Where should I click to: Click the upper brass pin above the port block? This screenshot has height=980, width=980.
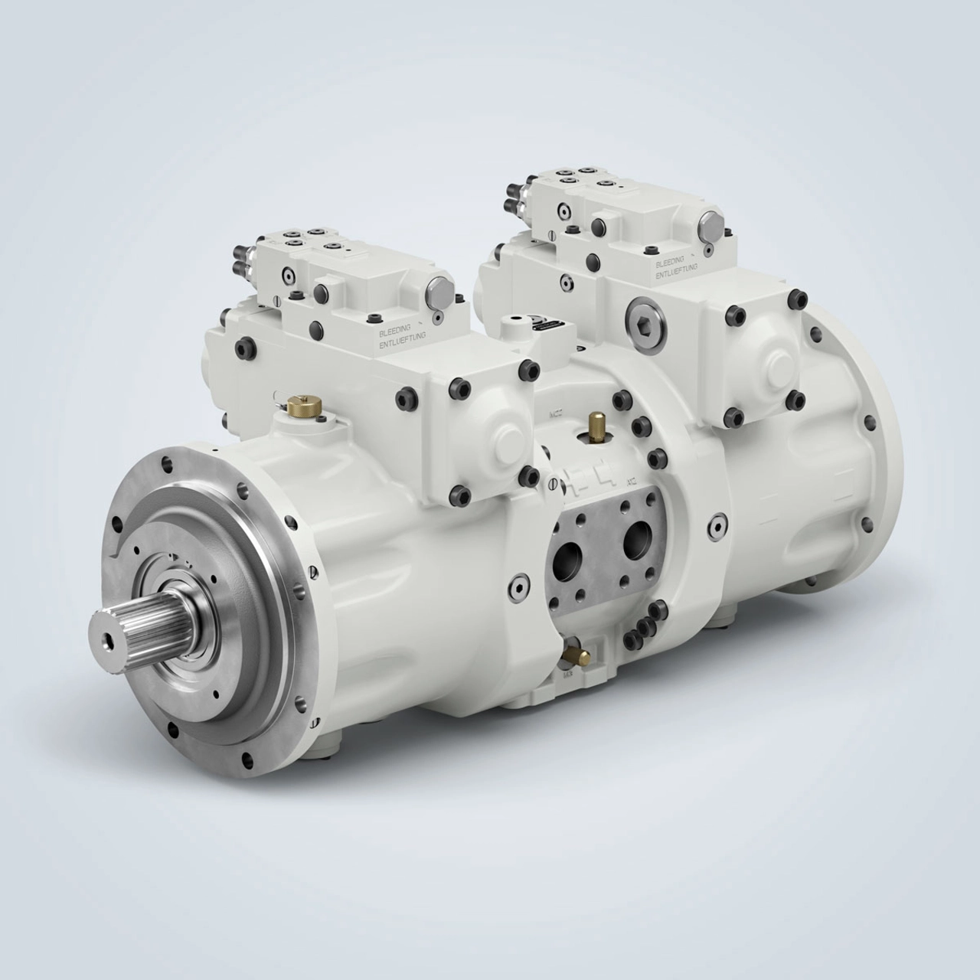click(594, 423)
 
